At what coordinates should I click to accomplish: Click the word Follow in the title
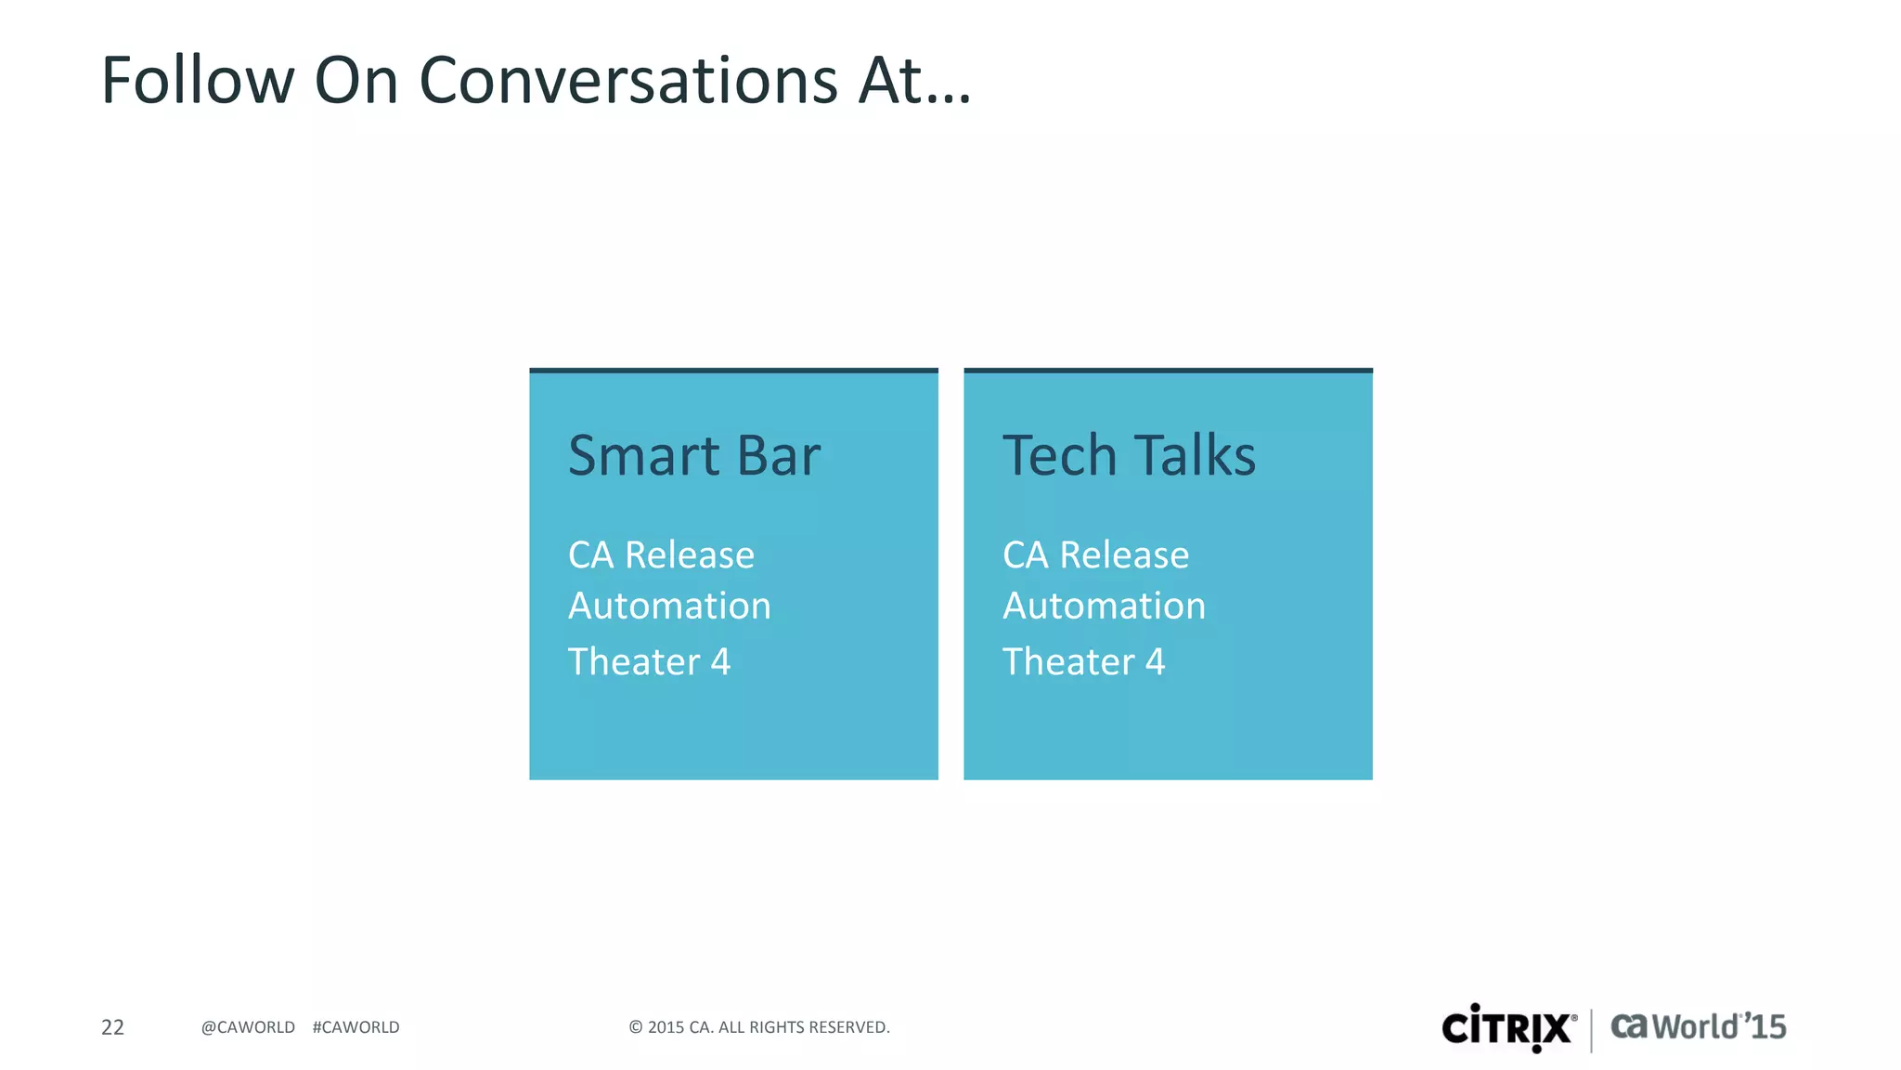197,80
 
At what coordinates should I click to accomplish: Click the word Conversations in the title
628,80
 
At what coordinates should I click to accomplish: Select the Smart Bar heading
693,456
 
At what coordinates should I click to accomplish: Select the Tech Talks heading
1129,456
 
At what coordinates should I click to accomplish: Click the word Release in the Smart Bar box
690,555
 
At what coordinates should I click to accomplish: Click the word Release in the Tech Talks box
1124,555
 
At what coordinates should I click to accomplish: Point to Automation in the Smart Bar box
669,607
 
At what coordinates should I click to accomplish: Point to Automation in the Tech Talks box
1104,607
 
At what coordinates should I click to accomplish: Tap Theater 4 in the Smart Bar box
649,662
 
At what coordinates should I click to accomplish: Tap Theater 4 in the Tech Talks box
1083,662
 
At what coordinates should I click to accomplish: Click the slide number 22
112,1027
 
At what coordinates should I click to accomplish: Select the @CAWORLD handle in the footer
248,1027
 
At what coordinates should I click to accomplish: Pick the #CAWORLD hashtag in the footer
356,1027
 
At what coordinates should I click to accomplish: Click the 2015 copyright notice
758,1027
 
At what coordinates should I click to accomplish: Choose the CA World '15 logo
1698,1027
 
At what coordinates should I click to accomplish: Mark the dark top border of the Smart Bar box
733,371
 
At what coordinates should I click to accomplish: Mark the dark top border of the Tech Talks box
1168,371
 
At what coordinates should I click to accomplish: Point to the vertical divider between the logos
1592,1030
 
